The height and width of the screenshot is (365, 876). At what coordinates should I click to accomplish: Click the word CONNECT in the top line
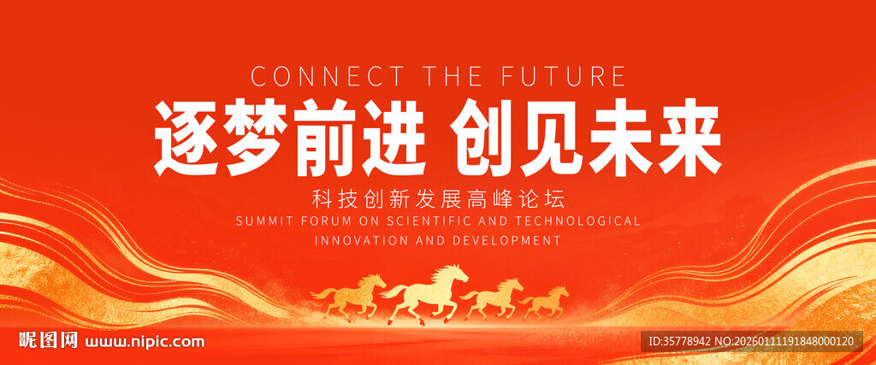point(327,76)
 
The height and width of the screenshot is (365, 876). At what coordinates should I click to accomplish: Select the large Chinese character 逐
point(186,138)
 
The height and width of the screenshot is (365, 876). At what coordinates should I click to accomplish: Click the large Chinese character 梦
point(257,138)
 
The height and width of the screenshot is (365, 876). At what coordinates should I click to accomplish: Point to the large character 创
point(482,138)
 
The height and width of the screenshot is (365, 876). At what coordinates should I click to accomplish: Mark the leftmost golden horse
point(349,297)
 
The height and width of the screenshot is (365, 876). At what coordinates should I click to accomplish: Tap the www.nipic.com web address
point(144,342)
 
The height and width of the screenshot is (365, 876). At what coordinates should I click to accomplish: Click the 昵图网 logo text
point(48,340)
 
